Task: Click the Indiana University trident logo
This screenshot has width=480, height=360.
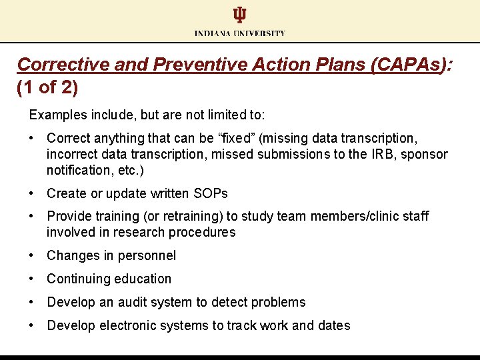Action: [239, 15]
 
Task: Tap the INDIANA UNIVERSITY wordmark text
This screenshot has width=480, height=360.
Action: [240, 33]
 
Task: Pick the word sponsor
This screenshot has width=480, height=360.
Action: [427, 154]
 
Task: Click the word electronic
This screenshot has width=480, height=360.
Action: [127, 325]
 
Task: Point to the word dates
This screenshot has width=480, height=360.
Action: [333, 325]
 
